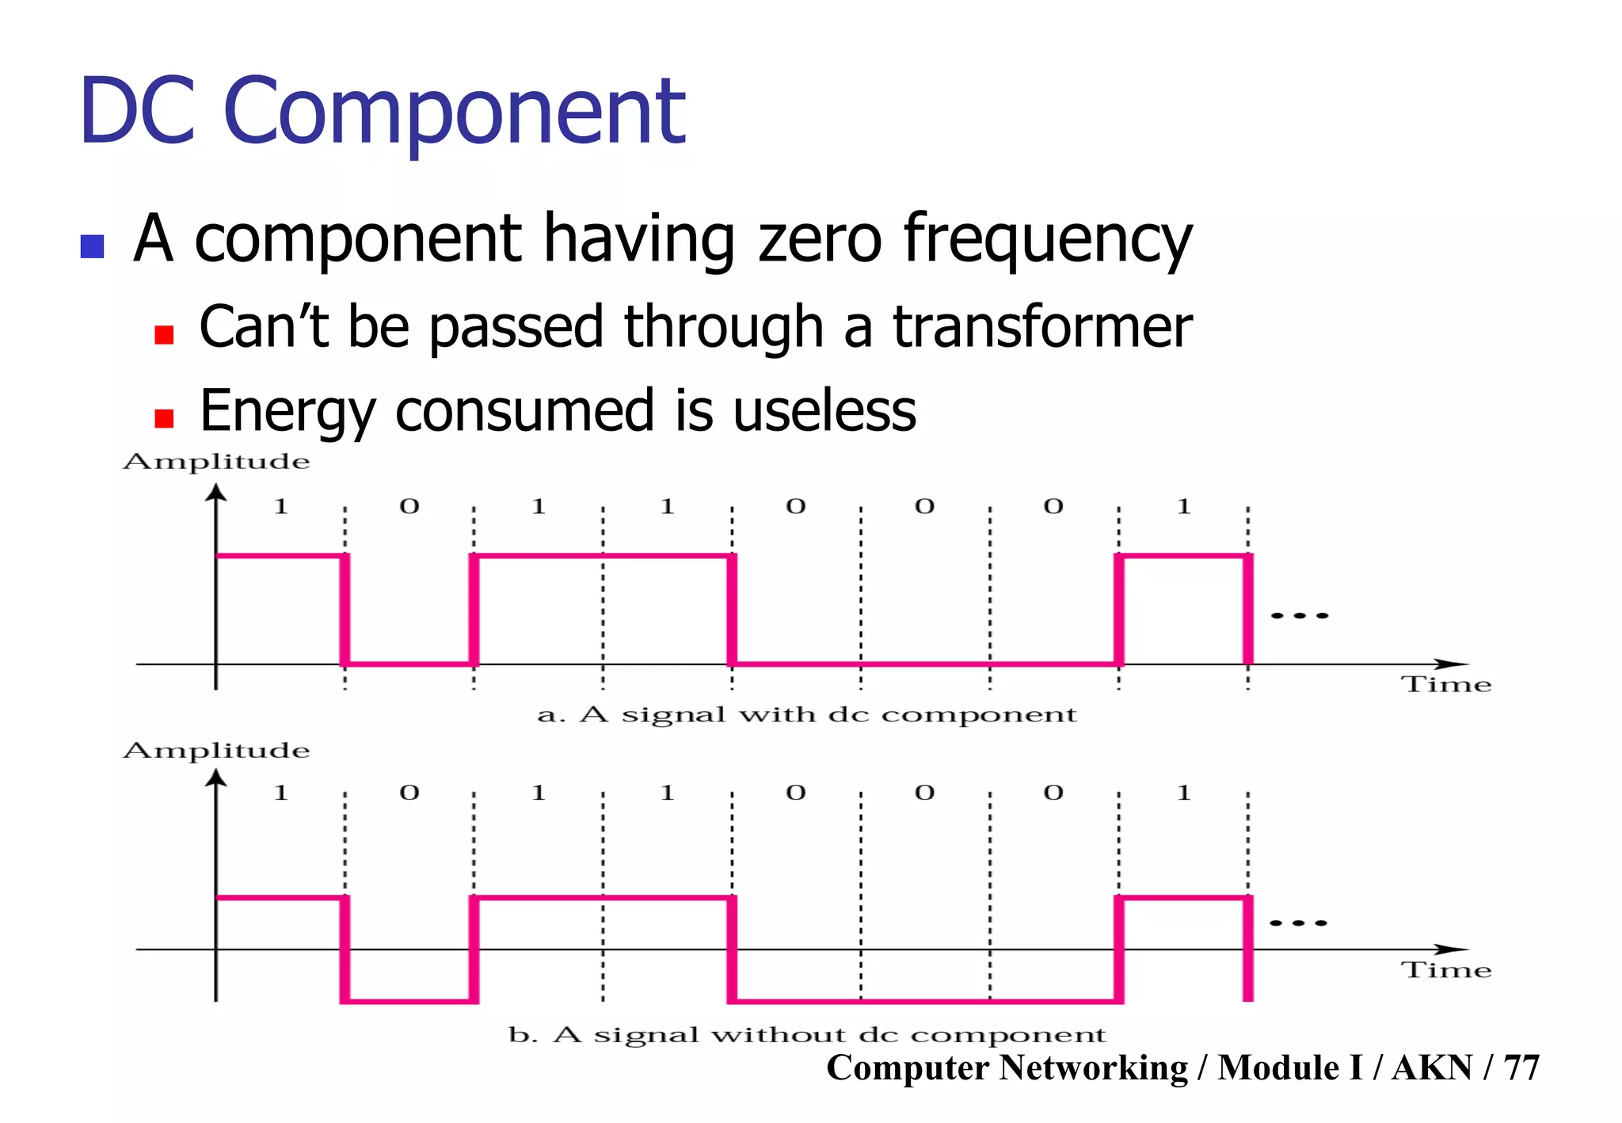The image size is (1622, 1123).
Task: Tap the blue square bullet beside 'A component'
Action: [x=93, y=246]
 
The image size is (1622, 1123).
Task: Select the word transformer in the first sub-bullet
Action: [x=1042, y=326]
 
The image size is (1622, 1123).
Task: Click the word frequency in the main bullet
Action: [x=1047, y=240]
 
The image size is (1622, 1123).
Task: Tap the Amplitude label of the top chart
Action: [x=216, y=461]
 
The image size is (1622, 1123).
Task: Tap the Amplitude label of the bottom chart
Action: [x=216, y=750]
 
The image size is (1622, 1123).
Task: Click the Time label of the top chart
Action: [x=1446, y=684]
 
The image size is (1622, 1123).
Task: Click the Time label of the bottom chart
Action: [x=1446, y=970]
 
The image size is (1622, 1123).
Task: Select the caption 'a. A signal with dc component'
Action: [x=806, y=714]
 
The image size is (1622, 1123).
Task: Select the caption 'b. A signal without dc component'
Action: [x=806, y=1034]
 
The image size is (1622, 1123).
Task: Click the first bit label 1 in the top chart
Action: [x=280, y=506]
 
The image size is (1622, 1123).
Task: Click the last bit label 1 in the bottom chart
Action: [x=1183, y=793]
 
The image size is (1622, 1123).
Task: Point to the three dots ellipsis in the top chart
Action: [x=1299, y=615]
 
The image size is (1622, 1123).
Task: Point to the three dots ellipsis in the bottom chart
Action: [x=1297, y=923]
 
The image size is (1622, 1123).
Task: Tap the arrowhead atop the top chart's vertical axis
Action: [x=215, y=493]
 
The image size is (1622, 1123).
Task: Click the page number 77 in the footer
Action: [x=1521, y=1068]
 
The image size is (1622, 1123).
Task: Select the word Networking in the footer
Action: [x=1094, y=1068]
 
